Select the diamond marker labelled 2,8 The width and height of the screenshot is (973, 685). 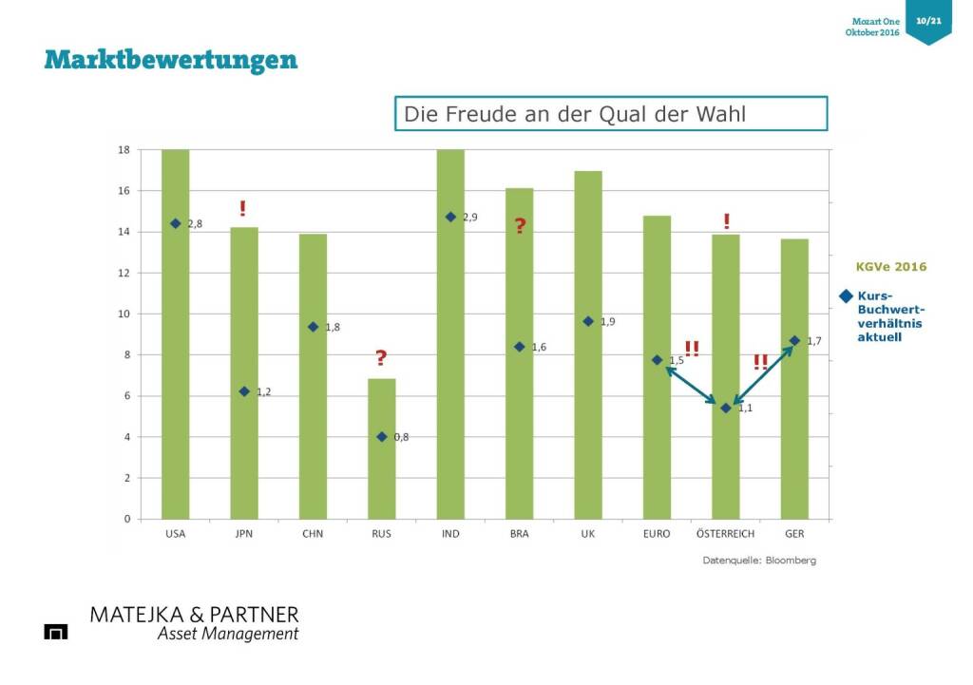(x=176, y=223)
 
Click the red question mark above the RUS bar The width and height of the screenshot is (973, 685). (x=381, y=358)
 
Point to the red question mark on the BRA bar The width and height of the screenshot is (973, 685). (x=520, y=226)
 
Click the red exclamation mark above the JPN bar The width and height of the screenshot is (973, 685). (x=243, y=209)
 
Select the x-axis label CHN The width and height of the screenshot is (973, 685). (x=313, y=534)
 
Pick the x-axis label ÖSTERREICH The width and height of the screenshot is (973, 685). (x=725, y=534)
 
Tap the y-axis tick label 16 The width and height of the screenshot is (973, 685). (x=124, y=191)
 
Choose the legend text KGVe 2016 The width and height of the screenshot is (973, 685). (x=891, y=267)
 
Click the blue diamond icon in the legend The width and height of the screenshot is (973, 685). (x=846, y=295)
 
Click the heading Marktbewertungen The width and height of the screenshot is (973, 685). (x=171, y=60)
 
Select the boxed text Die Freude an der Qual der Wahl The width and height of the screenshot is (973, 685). (x=611, y=114)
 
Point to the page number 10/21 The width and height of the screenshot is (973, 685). (x=928, y=20)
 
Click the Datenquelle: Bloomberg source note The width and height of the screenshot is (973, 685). (x=759, y=561)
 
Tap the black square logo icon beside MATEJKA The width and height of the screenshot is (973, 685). (x=56, y=632)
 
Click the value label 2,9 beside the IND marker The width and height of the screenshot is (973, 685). (x=469, y=218)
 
